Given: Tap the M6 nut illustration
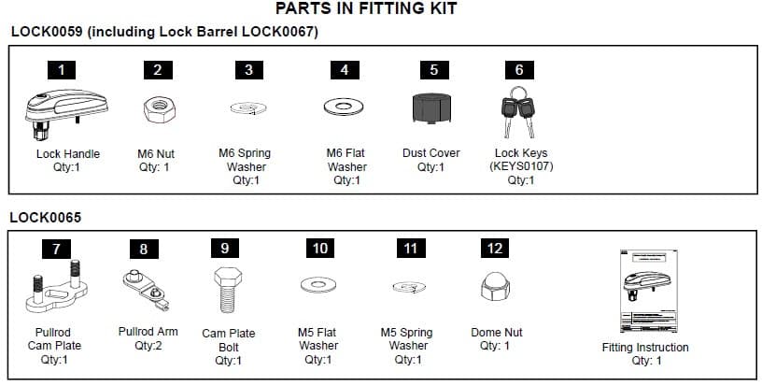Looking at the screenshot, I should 155,109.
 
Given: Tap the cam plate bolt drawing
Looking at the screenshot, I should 223,289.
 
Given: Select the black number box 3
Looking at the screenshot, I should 248,69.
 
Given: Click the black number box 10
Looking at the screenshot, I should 318,248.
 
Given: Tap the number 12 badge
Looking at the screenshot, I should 494,248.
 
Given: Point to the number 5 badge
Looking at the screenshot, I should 432,69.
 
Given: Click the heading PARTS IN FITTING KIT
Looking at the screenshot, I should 367,9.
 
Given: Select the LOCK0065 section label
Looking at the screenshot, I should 46,218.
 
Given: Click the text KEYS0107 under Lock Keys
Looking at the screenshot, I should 519,167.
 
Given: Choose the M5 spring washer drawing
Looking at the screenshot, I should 407,286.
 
